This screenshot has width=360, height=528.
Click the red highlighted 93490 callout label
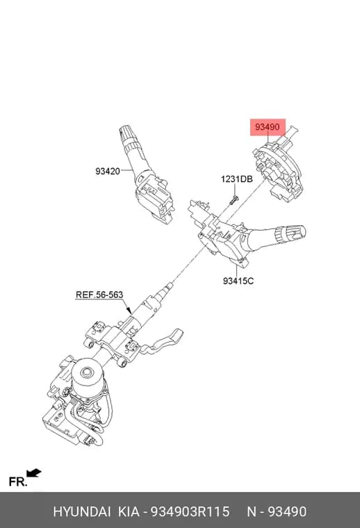click(x=268, y=127)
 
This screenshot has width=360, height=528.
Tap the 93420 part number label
click(x=108, y=171)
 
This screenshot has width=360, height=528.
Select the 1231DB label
click(x=236, y=179)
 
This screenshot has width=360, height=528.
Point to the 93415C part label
click(x=238, y=281)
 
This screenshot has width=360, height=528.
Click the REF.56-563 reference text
click(x=99, y=295)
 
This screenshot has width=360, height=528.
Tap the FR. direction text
click(x=18, y=482)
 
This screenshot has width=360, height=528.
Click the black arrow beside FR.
click(x=34, y=473)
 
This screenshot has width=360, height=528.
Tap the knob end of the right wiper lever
click(x=295, y=232)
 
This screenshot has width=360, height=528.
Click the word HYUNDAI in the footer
click(x=82, y=511)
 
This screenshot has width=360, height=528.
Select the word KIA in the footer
click(x=129, y=511)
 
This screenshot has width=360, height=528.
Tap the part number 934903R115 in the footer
click(x=190, y=511)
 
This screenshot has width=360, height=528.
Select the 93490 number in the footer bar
click(x=287, y=511)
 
